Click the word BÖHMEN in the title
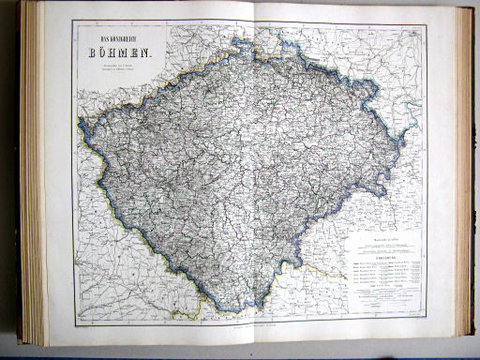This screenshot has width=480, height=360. (118, 55)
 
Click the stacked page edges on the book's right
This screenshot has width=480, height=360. (464, 169)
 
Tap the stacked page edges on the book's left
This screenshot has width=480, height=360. (34, 178)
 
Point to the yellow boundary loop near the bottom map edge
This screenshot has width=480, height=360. (192, 310)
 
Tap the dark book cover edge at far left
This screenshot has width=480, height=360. (19, 178)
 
